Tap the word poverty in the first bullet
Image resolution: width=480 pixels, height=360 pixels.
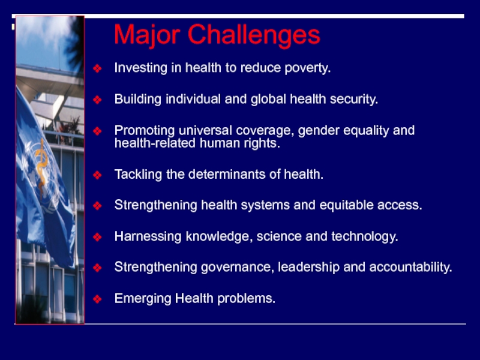point(307,68)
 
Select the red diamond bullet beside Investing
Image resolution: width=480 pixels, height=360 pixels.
point(97,68)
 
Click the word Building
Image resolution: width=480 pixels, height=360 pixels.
point(138,100)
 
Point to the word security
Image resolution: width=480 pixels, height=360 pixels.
point(354,100)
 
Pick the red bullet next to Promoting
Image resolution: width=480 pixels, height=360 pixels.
point(97,131)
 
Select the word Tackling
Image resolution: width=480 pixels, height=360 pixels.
point(138,175)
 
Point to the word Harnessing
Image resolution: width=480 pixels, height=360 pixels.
point(148,237)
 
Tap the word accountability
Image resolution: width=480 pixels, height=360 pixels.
point(410,267)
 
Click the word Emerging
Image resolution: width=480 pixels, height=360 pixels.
point(143,299)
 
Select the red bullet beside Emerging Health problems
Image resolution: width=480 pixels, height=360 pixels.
point(97,299)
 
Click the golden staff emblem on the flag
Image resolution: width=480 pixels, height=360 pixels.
point(41,167)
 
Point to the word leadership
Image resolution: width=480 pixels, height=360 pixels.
point(308,267)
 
